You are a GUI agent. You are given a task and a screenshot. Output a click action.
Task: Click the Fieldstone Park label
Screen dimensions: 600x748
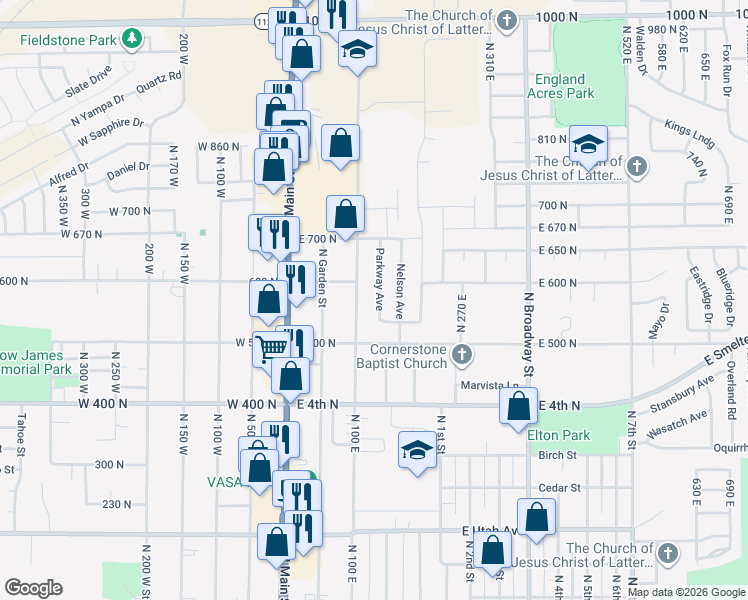click(69, 41)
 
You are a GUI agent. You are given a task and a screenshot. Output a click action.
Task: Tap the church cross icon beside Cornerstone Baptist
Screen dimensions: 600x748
click(461, 353)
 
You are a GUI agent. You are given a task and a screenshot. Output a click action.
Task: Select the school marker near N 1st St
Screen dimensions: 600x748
click(416, 449)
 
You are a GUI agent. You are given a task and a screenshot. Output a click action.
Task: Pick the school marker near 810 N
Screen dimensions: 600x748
click(590, 142)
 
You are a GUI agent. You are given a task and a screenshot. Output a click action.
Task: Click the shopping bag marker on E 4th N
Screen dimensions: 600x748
click(517, 406)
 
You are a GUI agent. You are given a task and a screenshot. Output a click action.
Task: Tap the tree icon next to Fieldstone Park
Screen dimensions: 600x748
click(130, 40)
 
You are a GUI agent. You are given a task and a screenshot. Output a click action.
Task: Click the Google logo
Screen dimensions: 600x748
click(33, 588)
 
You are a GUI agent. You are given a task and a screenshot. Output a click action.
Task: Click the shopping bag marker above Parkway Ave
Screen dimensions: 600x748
click(345, 213)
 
